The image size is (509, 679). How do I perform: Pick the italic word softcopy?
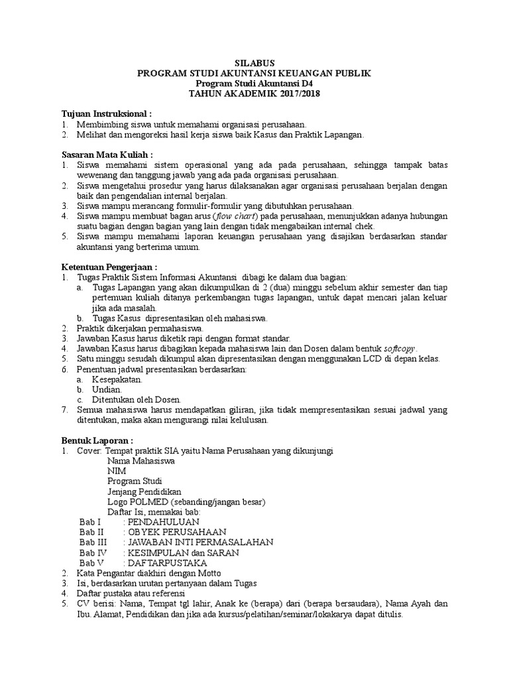click(402, 349)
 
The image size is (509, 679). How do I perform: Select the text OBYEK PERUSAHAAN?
click(177, 532)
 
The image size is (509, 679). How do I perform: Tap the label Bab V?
click(92, 563)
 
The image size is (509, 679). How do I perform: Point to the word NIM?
click(117, 470)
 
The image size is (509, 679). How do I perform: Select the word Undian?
click(107, 390)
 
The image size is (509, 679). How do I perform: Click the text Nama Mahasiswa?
click(141, 460)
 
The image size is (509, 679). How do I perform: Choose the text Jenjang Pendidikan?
click(144, 491)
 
